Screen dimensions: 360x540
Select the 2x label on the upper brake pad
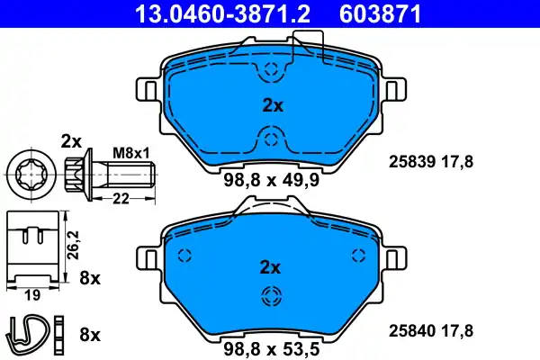pos(271,105)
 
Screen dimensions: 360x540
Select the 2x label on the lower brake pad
pos(271,267)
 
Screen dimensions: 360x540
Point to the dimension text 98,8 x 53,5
pos(271,346)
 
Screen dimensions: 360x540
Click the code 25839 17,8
pos(430,162)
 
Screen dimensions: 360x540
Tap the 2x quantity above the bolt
pos(71,140)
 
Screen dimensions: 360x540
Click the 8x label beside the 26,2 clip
pos(89,277)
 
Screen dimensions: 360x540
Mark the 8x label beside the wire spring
pos(89,335)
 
